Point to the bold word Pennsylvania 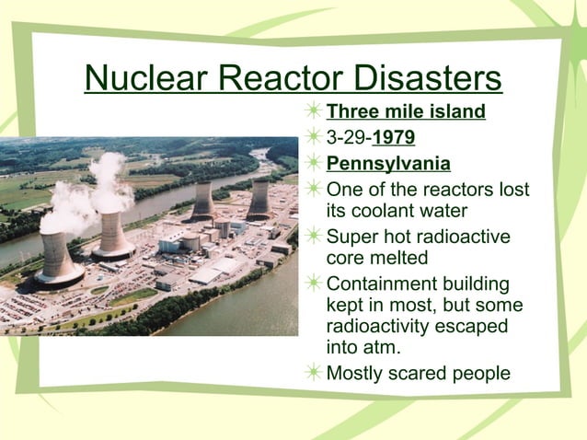tap(388, 165)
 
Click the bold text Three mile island tap(406, 113)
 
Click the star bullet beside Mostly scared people tap(314, 373)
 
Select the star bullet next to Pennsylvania tap(314, 165)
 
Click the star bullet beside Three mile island tap(314, 113)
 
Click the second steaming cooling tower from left tap(113, 237)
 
